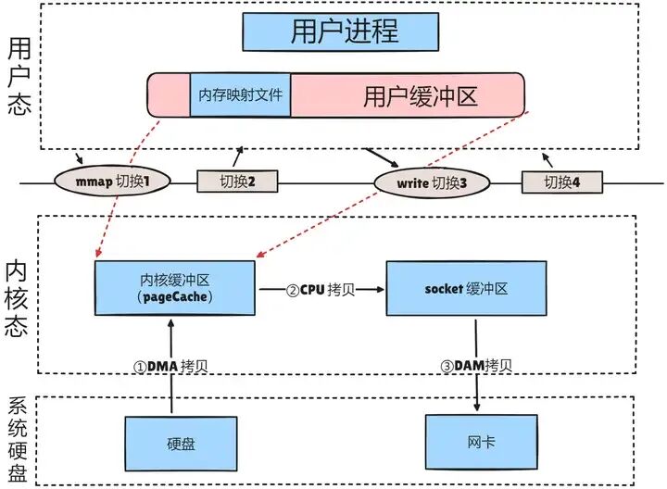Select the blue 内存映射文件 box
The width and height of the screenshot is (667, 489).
coord(240,95)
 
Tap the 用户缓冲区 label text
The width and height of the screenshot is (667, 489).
coord(408,96)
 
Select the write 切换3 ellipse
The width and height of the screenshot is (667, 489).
coord(431,182)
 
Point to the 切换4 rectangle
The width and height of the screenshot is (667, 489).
coord(561,182)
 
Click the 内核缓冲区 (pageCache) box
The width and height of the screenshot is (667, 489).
coord(174,288)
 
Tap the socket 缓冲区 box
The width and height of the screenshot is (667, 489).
coord(466,288)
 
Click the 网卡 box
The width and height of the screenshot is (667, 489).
coord(476,442)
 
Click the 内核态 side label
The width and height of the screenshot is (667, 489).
coord(19,296)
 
